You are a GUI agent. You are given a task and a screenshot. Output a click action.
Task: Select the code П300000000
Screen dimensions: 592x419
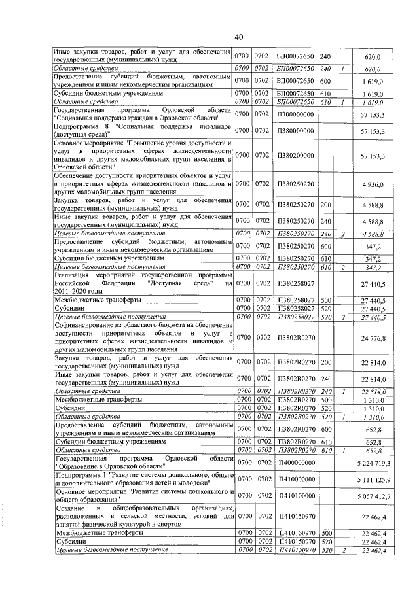click(295, 114)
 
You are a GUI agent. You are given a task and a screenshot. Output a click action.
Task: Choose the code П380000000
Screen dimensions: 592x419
click(295, 131)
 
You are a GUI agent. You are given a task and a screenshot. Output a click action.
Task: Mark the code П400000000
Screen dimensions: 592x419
click(295, 463)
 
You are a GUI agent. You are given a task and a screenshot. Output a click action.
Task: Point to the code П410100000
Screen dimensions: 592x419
click(295, 496)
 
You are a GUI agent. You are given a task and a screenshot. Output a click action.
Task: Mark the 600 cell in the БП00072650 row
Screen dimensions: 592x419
click(325, 85)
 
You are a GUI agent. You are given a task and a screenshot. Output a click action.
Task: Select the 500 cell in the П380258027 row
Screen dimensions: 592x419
click(325, 300)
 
